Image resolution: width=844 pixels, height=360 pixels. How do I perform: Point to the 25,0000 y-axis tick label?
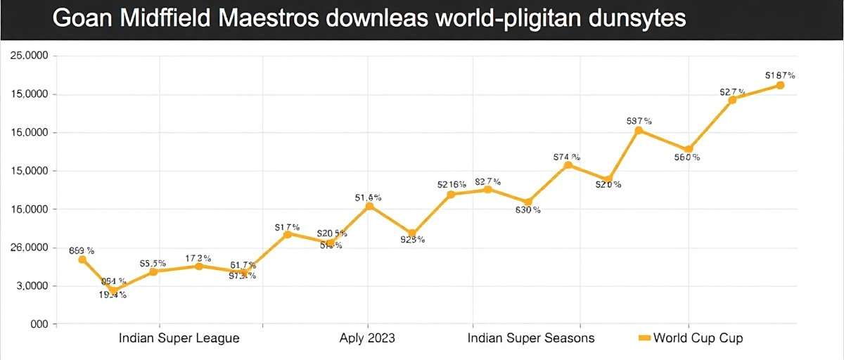pyautogui.click(x=29, y=56)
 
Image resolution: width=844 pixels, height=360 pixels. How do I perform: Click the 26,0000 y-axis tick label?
pyautogui.click(x=29, y=248)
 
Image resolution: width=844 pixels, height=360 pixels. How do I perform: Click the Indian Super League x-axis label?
pyautogui.click(x=179, y=338)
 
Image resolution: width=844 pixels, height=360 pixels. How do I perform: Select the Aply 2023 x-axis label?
pyautogui.click(x=367, y=338)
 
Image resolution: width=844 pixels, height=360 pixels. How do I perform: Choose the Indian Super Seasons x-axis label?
pyautogui.click(x=531, y=338)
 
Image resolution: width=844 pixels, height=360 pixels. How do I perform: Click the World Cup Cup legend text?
pyautogui.click(x=698, y=338)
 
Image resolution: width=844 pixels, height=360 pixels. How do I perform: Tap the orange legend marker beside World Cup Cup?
pyautogui.click(x=643, y=338)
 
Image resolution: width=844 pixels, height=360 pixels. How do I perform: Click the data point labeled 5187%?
pyautogui.click(x=780, y=85)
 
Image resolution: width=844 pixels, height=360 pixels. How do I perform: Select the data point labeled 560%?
pyautogui.click(x=688, y=149)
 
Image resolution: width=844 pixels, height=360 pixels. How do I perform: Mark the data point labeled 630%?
pyautogui.click(x=528, y=202)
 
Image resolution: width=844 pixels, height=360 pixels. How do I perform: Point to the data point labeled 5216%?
pyautogui.click(x=451, y=194)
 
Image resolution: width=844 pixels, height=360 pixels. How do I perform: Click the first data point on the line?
pyautogui.click(x=82, y=259)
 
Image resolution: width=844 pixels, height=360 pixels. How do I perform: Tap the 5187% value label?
pyautogui.click(x=780, y=75)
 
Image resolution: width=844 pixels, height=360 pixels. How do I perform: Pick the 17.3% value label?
pyautogui.click(x=199, y=258)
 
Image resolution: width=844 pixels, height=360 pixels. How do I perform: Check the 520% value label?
pyautogui.click(x=608, y=185)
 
